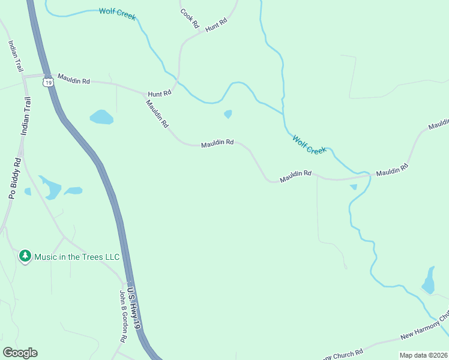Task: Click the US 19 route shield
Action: [x=47, y=82]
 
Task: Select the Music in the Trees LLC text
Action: [x=77, y=257]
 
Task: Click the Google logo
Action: [x=20, y=353]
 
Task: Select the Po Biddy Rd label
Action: [x=14, y=178]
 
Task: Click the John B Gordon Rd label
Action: [x=122, y=316]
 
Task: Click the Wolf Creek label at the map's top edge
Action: [x=117, y=13]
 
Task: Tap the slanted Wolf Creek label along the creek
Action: [x=309, y=145]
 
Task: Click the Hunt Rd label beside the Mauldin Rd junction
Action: [x=160, y=93]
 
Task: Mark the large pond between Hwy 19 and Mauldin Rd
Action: [x=101, y=117]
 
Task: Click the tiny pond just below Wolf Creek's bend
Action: [x=228, y=114]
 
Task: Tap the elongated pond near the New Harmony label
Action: [x=429, y=281]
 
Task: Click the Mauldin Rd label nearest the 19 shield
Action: [x=73, y=80]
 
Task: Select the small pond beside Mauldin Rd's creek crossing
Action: [x=354, y=187]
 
